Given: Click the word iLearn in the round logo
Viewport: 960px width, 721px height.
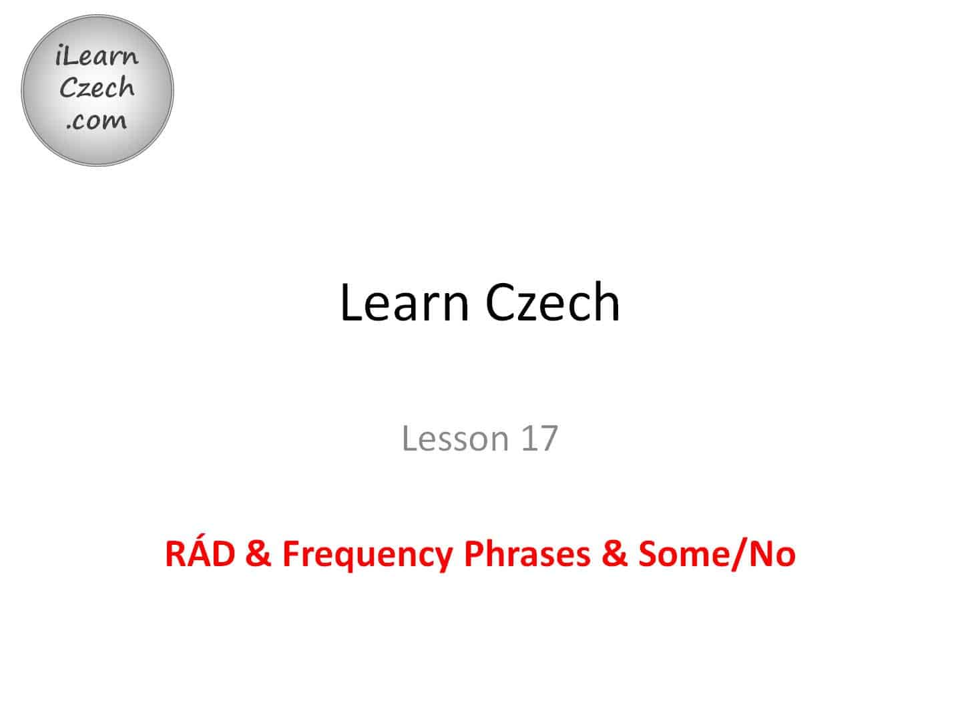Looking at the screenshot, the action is pyautogui.click(x=97, y=56).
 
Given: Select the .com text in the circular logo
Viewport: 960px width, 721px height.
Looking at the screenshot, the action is pyautogui.click(x=97, y=121).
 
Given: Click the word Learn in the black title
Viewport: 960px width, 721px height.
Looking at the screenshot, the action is pyautogui.click(x=405, y=302).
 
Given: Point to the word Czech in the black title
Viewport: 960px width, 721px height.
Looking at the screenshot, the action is pyautogui.click(x=552, y=302).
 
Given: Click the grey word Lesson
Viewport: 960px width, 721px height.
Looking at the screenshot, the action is pyautogui.click(x=455, y=439).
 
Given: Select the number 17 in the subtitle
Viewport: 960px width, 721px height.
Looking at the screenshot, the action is pyautogui.click(x=539, y=438).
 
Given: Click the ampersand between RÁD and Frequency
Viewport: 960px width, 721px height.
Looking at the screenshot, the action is pyautogui.click(x=258, y=554).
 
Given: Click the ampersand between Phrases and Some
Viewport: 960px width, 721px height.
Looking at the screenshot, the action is pyautogui.click(x=614, y=554).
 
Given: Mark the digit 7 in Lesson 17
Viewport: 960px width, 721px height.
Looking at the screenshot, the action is pyautogui.click(x=549, y=439).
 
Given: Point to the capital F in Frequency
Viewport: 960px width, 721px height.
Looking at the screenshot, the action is pyautogui.click(x=292, y=554).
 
